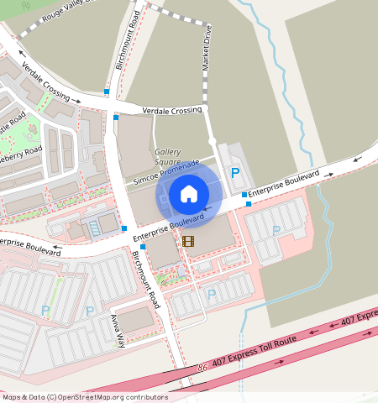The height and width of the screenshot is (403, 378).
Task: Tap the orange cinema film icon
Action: point(187,241)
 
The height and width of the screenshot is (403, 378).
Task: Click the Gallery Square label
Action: point(168,157)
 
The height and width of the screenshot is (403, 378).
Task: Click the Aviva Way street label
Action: point(118,327)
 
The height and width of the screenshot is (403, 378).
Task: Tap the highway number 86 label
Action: point(202,368)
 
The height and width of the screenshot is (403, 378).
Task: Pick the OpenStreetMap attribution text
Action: point(84,397)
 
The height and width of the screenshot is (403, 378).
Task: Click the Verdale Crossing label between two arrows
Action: point(172,111)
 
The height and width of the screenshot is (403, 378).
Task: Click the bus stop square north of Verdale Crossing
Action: point(107,91)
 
